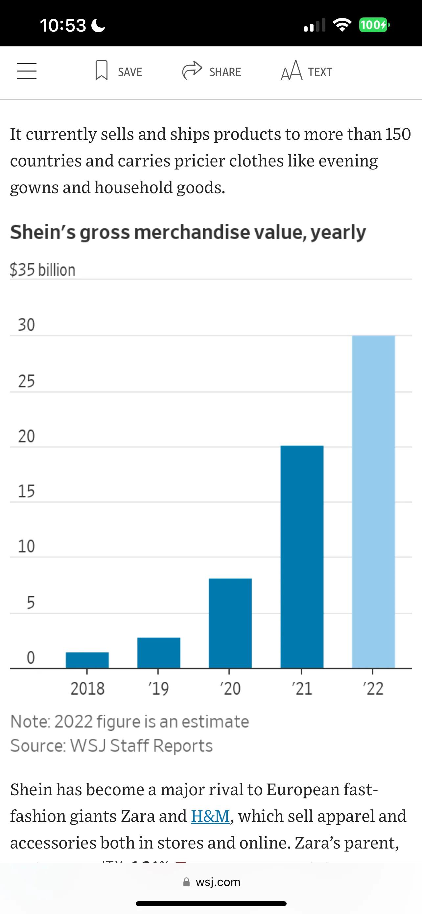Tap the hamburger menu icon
(27, 71)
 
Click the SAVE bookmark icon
(101, 70)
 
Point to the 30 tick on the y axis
(27, 325)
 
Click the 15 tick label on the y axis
(27, 492)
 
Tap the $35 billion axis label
(42, 270)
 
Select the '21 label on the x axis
(302, 689)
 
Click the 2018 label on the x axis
(87, 689)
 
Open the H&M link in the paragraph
(210, 816)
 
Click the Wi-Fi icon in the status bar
(342, 25)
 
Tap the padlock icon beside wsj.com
(186, 882)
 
